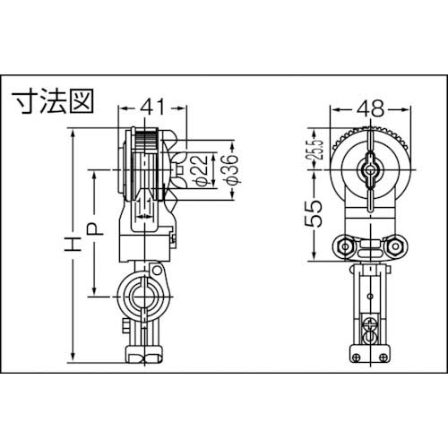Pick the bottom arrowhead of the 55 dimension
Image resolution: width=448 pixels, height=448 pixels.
(x=312, y=262)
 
